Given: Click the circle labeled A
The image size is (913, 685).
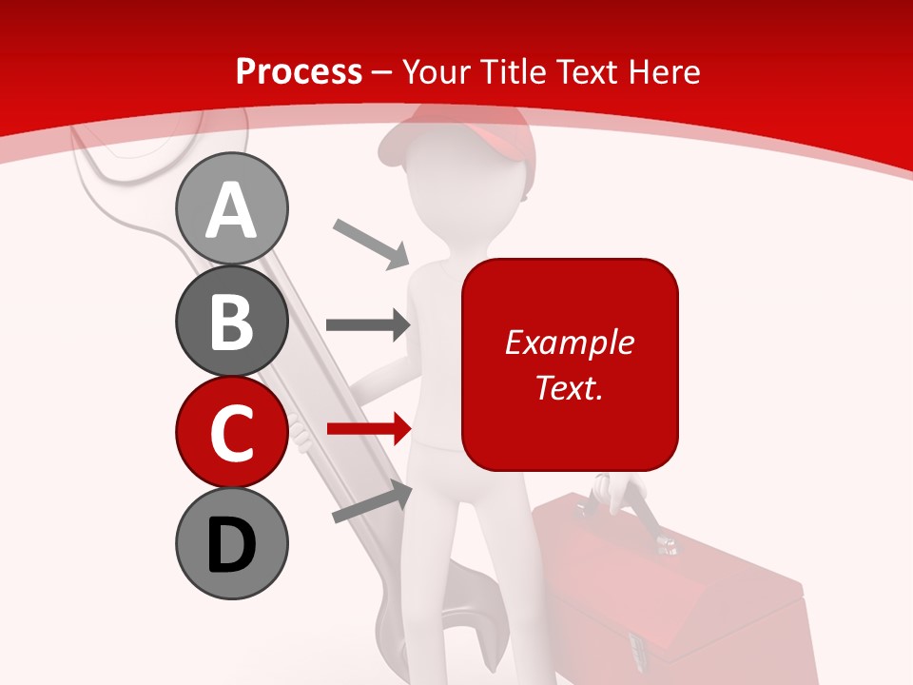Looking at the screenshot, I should click(x=231, y=208).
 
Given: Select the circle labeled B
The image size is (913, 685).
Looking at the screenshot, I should click(x=231, y=321).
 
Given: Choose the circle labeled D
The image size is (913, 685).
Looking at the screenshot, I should click(x=231, y=543).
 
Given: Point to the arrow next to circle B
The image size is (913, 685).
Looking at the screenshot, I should click(x=368, y=324).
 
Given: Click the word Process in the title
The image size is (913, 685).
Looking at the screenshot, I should click(x=299, y=71).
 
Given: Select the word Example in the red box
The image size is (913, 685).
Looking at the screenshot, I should click(x=569, y=342).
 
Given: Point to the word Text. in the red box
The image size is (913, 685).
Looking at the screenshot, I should click(x=569, y=387).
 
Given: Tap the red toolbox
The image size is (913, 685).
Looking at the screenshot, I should click(x=666, y=590).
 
